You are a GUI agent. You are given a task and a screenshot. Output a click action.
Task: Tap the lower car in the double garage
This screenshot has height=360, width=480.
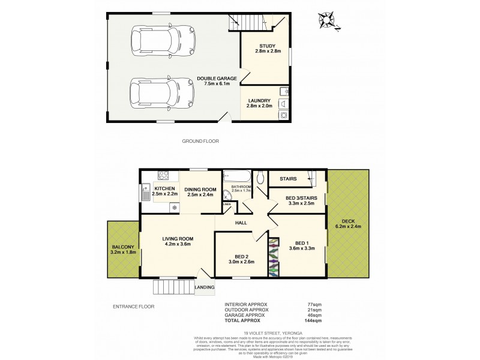(154, 93)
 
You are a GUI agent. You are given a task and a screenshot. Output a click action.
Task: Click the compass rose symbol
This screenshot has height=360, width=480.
(327, 20)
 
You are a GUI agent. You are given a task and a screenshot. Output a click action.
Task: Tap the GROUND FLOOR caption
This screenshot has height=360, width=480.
(200, 141)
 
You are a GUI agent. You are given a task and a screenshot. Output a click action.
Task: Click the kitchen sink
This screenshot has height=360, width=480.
(146, 193)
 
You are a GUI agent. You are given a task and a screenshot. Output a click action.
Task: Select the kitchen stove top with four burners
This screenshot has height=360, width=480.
(164, 176)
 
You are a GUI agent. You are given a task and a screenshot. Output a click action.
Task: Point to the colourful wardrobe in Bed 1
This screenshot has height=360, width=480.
(274, 257)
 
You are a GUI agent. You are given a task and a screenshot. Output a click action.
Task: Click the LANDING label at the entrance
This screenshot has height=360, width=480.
(204, 287)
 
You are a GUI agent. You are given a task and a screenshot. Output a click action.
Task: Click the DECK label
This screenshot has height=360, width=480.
(348, 220)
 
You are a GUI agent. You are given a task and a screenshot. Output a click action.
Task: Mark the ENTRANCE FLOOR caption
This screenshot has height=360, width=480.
(133, 306)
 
